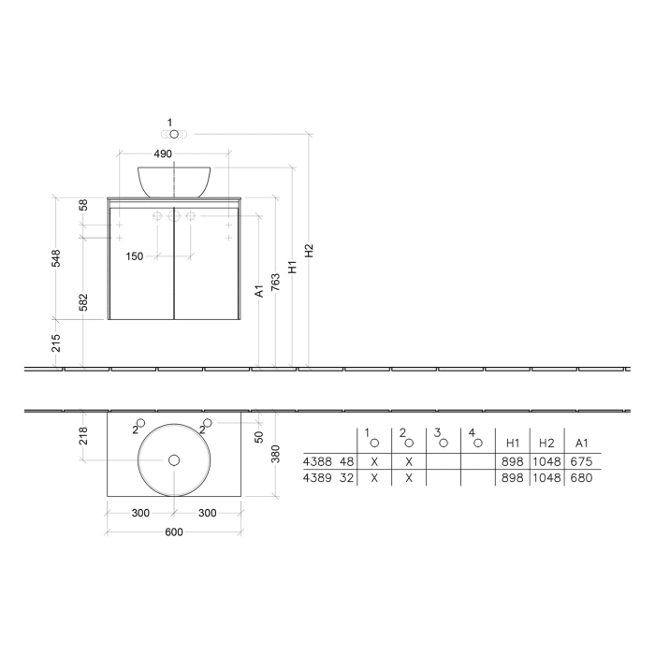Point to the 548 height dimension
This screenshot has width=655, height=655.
[56, 257]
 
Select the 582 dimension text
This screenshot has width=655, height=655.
[84, 302]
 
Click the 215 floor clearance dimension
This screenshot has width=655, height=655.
[56, 342]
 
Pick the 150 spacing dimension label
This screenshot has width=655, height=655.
[135, 256]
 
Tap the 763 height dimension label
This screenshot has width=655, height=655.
[275, 282]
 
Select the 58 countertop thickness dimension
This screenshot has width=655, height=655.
[84, 205]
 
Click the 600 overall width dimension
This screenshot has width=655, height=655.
[173, 532]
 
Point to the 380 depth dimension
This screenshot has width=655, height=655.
[275, 453]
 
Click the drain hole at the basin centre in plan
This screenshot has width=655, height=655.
[173, 459]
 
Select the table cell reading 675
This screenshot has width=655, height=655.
[582, 461]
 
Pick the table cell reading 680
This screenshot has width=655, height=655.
[582, 477]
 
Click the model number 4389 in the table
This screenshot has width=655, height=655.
[317, 477]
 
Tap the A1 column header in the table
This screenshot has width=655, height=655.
[582, 442]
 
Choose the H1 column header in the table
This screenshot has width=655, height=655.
[513, 442]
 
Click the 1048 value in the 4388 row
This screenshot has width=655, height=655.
[547, 461]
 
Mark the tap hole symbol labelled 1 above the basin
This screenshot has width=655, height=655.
[173, 135]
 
